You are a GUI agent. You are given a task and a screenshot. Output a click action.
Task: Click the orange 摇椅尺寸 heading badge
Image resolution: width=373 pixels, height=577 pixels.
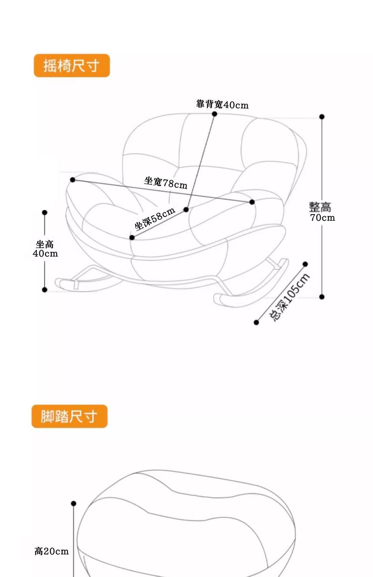point(72,65)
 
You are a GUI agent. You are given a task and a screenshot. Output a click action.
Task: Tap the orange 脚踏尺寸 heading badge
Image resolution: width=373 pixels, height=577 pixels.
point(69,416)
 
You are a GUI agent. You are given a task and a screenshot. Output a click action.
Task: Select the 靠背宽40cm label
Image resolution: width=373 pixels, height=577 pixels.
point(222,104)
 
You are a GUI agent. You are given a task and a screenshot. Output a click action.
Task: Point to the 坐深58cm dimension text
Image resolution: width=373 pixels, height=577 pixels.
point(155,218)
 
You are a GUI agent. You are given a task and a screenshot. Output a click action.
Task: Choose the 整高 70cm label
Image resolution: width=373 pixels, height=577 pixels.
point(322,212)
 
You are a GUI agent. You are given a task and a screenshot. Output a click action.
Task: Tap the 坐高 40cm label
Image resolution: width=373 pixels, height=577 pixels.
point(45,249)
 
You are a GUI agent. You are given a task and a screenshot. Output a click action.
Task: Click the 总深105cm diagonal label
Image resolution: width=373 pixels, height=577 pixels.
point(289,297)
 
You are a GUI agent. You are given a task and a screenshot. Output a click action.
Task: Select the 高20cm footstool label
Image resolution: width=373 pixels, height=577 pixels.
point(52,551)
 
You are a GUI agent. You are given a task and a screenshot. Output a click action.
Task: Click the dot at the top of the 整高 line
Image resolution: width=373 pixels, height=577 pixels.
point(322,117)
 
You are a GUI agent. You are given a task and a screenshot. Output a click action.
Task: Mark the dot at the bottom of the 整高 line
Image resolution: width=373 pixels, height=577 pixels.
point(322,297)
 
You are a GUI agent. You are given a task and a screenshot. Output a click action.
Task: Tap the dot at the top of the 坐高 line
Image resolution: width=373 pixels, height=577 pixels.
point(45,213)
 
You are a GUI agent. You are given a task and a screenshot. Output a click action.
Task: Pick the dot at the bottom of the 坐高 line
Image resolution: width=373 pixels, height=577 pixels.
point(45,290)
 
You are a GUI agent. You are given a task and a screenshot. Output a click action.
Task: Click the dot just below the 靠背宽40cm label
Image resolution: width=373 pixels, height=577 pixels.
point(215,114)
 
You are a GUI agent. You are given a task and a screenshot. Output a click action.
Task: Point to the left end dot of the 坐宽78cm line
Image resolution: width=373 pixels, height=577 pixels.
point(72,180)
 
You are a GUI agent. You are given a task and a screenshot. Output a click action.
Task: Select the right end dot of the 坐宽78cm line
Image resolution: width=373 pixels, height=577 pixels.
point(252,202)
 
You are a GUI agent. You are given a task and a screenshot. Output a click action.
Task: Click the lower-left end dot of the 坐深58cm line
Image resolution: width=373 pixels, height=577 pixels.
point(132,238)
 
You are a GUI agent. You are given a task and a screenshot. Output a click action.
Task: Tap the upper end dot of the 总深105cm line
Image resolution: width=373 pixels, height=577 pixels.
point(305,264)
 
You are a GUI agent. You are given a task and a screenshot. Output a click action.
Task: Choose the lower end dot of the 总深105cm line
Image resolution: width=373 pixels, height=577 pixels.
point(256,322)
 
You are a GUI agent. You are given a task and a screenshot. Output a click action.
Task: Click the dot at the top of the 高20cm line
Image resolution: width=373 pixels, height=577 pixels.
point(74,503)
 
